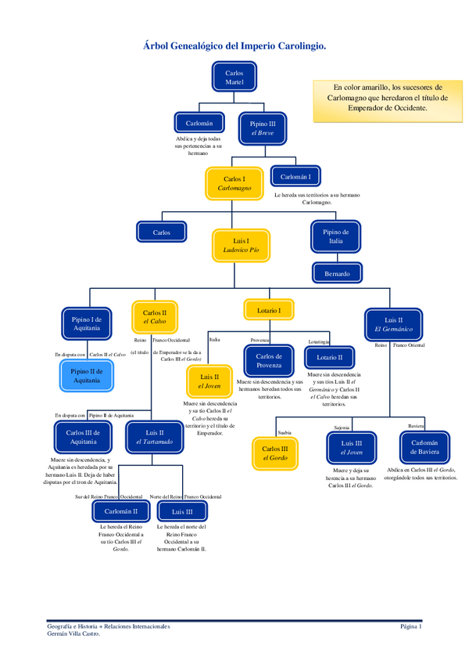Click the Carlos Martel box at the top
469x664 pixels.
click(234, 77)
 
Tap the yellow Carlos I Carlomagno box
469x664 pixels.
click(234, 183)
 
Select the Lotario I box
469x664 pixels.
click(268, 310)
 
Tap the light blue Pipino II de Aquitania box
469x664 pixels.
click(87, 375)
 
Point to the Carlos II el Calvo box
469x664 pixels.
click(154, 316)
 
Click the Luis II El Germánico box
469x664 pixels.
click(393, 324)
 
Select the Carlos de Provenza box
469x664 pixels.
click(268, 361)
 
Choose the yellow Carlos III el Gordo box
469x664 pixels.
click(274, 453)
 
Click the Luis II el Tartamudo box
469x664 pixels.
click(155, 437)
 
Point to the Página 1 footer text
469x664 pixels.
click(410, 626)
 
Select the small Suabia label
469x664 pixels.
click(284, 431)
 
